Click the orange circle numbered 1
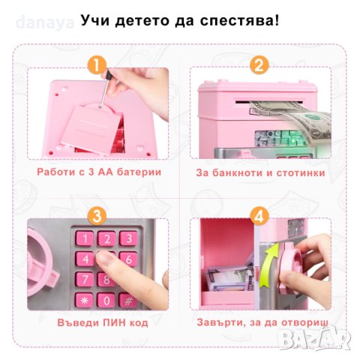point(96,64)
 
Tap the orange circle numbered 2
point(259,64)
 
